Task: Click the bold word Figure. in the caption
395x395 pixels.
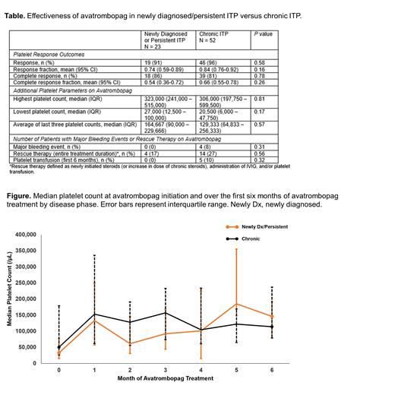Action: pos(17,174)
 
